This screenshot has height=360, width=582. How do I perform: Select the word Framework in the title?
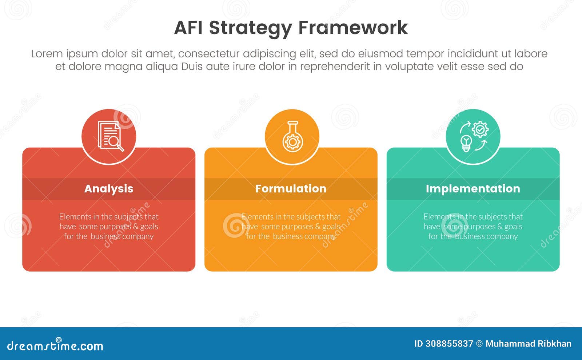coord(353,28)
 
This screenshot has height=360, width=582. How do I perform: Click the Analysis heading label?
coord(109,188)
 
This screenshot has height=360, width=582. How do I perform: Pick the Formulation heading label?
coord(291,188)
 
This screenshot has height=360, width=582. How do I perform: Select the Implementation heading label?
coord(473,188)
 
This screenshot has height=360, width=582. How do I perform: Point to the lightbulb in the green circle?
coord(466,143)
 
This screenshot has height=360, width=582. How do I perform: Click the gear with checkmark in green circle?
coord(480,129)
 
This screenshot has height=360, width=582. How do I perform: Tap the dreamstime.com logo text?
coord(55,346)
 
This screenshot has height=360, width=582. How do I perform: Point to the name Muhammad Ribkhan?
coord(528,344)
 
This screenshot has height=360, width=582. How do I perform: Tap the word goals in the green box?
coord(513,227)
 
